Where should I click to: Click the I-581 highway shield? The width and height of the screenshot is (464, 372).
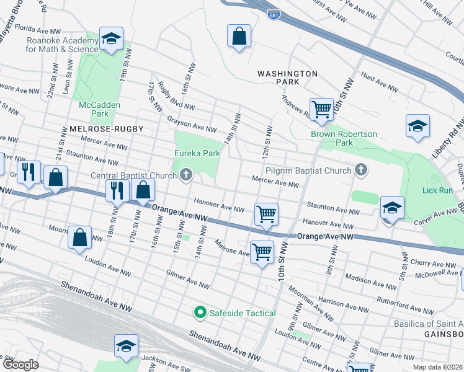(x=274, y=14)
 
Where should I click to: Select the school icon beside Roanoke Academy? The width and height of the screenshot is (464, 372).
(x=111, y=40)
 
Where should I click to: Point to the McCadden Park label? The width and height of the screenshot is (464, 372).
(x=99, y=109)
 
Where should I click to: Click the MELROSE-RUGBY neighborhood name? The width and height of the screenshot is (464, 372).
(x=102, y=129)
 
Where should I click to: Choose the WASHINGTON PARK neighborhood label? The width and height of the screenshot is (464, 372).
(x=287, y=77)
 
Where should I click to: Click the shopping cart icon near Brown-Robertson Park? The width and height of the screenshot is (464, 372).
(x=321, y=110)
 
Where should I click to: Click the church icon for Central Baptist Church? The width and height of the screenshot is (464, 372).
(x=185, y=176)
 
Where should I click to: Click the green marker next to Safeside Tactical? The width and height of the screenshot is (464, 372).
(x=200, y=313)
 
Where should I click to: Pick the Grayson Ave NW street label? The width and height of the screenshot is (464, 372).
(x=192, y=124)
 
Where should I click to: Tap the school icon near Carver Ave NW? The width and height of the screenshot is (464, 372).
(x=392, y=209)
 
